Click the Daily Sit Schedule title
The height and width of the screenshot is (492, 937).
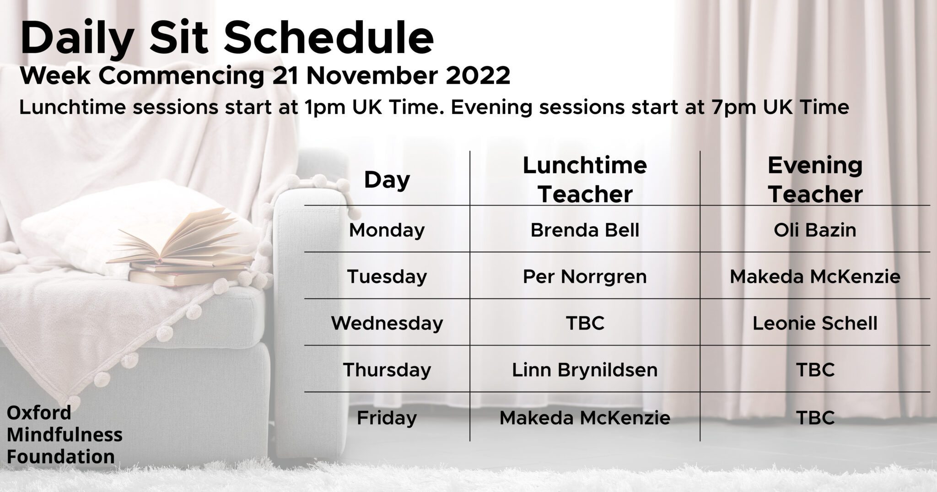point(227,38)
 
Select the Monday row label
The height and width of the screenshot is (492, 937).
point(387,230)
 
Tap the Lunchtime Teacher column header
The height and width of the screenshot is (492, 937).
point(585,180)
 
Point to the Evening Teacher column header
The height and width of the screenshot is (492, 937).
point(815,180)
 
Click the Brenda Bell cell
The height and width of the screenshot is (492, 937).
point(585,230)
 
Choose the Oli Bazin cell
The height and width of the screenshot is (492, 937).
point(815,230)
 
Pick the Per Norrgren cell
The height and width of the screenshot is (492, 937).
point(585,276)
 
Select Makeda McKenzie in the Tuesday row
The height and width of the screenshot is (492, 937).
point(815,276)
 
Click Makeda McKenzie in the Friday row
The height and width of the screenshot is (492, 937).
point(585,417)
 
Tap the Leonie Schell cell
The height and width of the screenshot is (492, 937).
point(815,324)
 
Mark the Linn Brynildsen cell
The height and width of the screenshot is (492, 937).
point(585,370)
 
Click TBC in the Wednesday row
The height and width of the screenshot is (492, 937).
point(585,324)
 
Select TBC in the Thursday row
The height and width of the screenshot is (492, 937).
point(815,370)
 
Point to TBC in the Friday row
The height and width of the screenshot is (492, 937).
point(815,417)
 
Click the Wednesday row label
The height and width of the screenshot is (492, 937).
point(387,324)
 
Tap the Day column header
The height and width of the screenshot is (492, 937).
point(387,180)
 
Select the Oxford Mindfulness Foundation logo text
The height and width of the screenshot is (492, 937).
point(65,435)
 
